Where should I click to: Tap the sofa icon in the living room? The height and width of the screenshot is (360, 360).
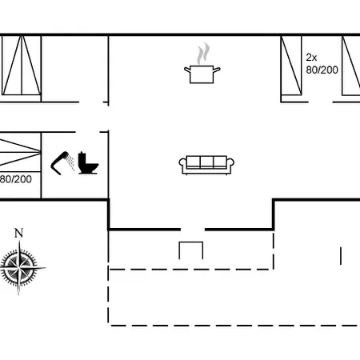206,165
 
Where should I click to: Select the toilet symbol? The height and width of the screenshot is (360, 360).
88,163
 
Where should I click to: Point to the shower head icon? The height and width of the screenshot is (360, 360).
62,162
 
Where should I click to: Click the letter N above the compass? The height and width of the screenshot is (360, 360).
18,233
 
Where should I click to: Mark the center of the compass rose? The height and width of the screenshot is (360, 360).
19,267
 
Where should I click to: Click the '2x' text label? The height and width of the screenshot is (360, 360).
311,58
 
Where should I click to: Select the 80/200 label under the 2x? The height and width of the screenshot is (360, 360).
322,70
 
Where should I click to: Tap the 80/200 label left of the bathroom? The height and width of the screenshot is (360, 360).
15,179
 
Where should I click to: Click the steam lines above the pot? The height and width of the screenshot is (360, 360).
203,54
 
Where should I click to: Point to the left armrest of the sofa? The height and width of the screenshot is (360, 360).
182,163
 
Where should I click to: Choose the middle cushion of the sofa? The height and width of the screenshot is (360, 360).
206,162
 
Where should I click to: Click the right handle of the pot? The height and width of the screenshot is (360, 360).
217,70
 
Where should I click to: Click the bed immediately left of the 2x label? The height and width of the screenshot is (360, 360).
291,66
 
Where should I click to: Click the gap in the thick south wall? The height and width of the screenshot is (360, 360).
193,230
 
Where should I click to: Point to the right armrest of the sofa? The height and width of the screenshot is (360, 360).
230,163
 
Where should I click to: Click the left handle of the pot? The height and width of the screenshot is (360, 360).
187,70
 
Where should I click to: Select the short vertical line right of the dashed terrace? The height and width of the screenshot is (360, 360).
341,256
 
